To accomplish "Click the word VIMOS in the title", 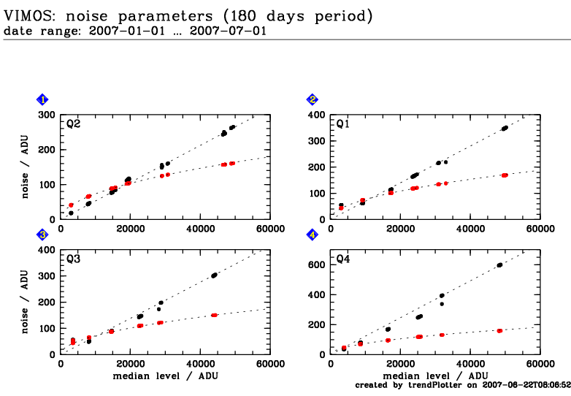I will pyautogui.click(x=26, y=15).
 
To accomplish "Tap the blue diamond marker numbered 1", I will pyautogui.click(x=43, y=99).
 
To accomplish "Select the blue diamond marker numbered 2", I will pyautogui.click(x=313, y=99).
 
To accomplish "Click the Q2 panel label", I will pyautogui.click(x=73, y=124).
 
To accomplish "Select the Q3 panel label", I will pyautogui.click(x=73, y=259).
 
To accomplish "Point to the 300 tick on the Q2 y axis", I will pyautogui.click(x=47, y=115).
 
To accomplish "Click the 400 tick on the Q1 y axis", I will pyautogui.click(x=317, y=115).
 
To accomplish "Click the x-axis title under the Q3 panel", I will pyautogui.click(x=166, y=376).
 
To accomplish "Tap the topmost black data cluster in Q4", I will pyautogui.click(x=499, y=265).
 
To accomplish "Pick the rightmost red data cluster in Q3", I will pyautogui.click(x=214, y=315).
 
